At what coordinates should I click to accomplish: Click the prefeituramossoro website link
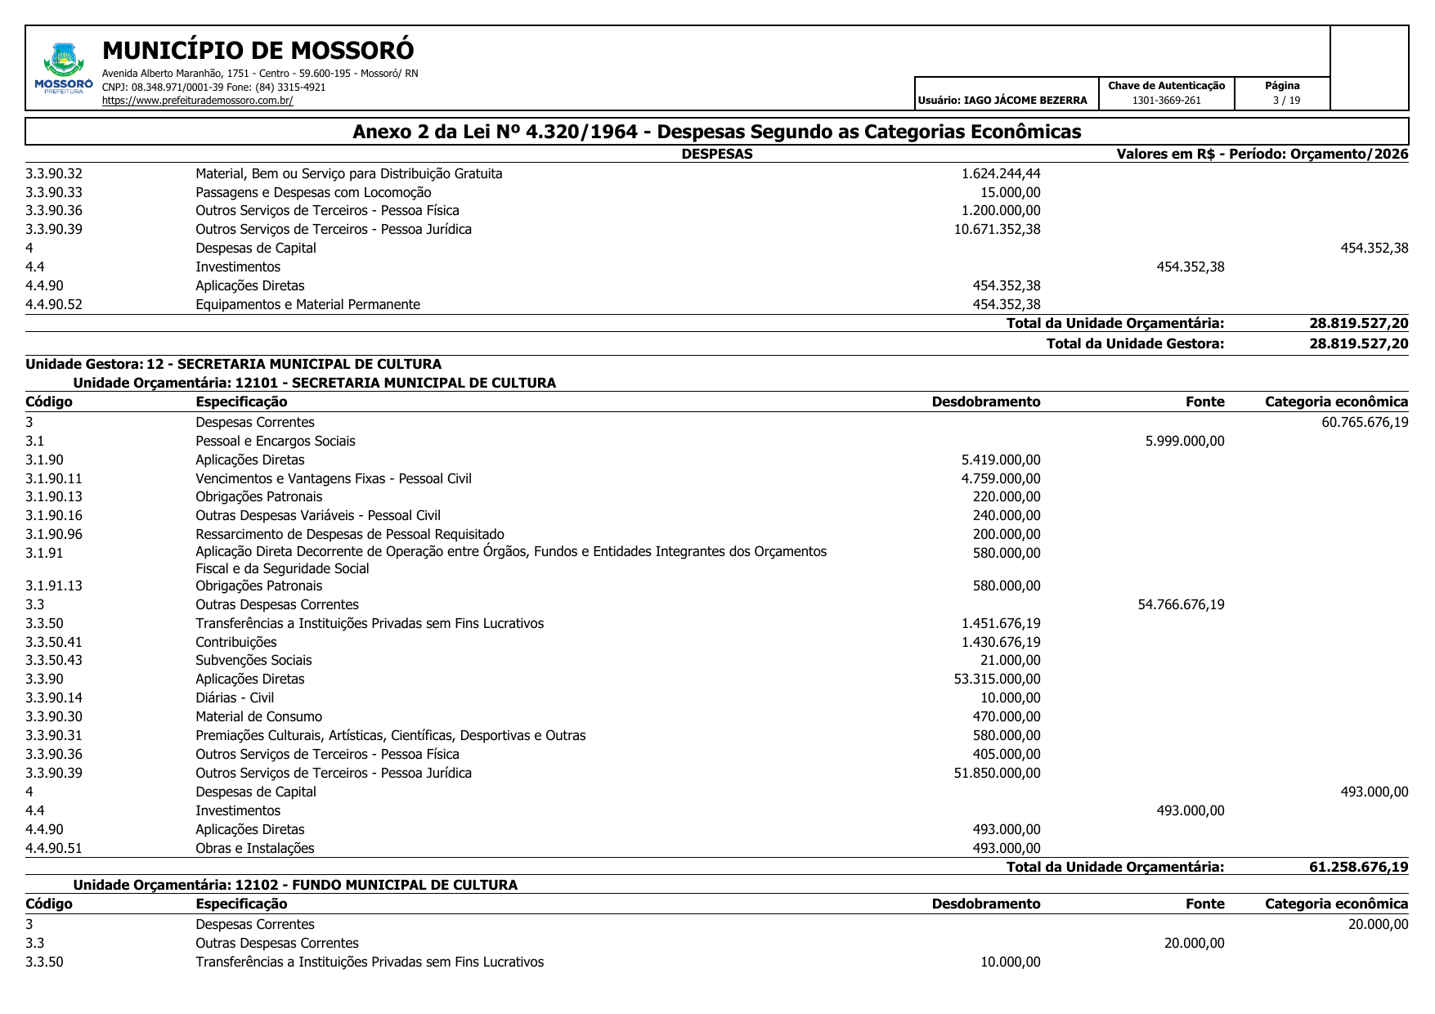click(197, 101)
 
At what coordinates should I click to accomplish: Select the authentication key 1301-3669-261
click(1166, 101)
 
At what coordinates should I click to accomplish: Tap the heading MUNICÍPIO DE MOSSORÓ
click(258, 51)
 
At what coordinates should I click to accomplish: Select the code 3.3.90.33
click(54, 192)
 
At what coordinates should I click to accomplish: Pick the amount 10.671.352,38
click(997, 229)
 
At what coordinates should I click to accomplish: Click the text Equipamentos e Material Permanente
click(307, 304)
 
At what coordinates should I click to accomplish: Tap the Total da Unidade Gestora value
click(1358, 343)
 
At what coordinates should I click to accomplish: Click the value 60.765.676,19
click(1365, 422)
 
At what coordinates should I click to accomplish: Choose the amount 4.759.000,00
click(1000, 478)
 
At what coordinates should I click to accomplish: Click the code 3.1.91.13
click(54, 586)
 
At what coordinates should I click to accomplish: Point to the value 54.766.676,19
click(1181, 604)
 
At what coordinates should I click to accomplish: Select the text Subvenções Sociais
click(253, 660)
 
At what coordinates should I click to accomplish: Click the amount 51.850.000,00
click(997, 773)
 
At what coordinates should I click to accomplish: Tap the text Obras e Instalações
click(254, 848)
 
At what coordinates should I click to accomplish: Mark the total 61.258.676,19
click(1358, 867)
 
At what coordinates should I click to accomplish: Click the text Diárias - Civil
click(235, 698)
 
